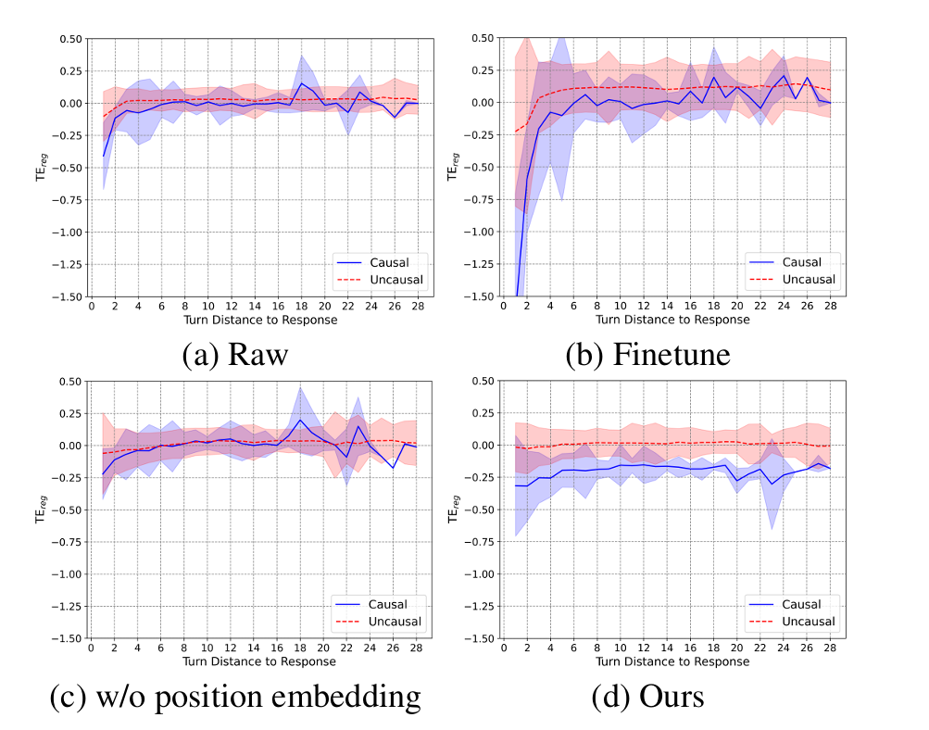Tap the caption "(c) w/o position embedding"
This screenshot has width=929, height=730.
pos(234,697)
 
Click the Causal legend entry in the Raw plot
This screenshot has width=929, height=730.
pos(380,262)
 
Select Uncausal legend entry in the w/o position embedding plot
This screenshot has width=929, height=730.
pos(380,622)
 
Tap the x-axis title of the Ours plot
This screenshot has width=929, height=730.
pos(672,661)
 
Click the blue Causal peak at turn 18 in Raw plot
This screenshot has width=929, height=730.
pos(301,83)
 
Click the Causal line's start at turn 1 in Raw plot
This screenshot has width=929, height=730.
pos(103,156)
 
